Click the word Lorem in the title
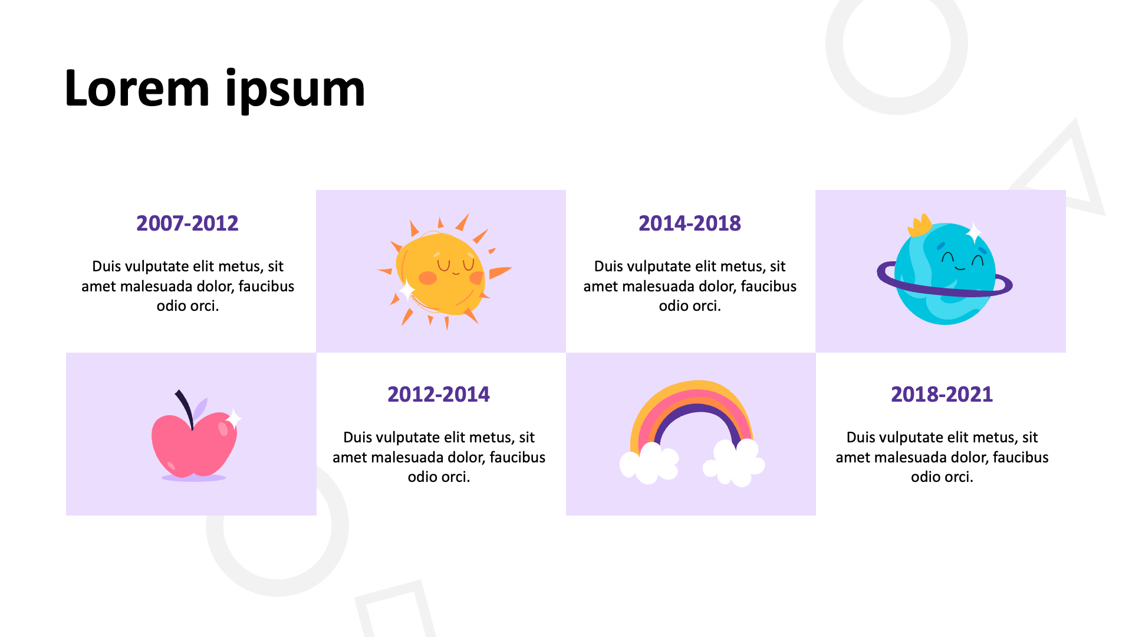coord(137,88)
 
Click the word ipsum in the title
coord(295,90)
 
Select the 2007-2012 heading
coord(187,224)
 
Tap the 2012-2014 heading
coord(439,395)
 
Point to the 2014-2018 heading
coord(690,224)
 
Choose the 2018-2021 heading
coord(942,395)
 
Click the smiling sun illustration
coord(443,272)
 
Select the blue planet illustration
coord(945,273)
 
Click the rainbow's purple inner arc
coord(697,409)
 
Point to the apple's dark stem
coord(186,407)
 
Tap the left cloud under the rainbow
coord(649,464)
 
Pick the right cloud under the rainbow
coord(734,463)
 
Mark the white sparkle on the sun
coord(407,290)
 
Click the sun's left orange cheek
coord(427,277)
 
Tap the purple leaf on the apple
coord(200,408)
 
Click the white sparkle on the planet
coord(973,232)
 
